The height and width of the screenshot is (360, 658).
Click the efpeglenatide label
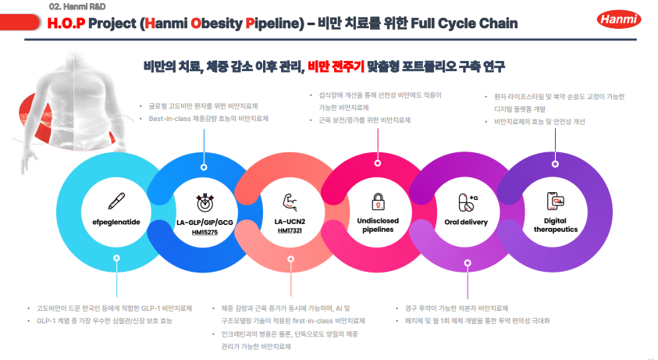click(x=115, y=222)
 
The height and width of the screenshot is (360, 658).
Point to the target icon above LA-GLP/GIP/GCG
click(x=204, y=201)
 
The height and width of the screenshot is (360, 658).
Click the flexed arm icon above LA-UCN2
click(x=290, y=201)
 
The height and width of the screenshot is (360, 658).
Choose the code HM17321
click(x=290, y=232)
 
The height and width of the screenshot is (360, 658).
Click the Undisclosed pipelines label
click(x=378, y=226)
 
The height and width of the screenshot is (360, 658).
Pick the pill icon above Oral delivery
click(x=466, y=202)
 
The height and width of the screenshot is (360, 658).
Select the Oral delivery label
click(x=466, y=222)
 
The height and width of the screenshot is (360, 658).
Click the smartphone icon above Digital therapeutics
click(x=556, y=201)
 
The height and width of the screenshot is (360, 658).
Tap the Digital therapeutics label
click(x=556, y=225)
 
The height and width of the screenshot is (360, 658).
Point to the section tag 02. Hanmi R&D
click(x=73, y=6)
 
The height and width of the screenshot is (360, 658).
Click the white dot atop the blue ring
click(x=203, y=166)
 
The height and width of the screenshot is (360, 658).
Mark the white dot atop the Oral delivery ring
click(x=555, y=165)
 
